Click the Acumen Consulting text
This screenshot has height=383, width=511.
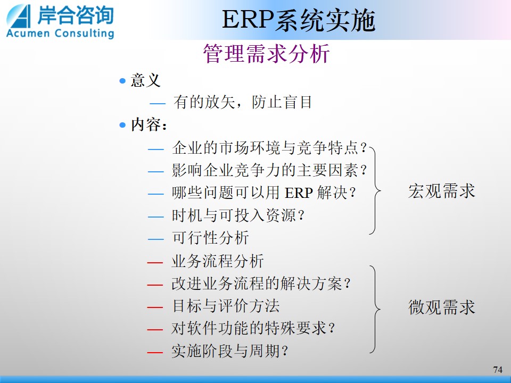(x=60, y=33)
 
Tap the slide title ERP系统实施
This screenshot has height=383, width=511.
(x=299, y=20)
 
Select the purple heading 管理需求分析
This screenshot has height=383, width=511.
(x=267, y=53)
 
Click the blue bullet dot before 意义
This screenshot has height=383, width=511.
(x=122, y=80)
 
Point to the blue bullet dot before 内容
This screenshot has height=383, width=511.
(x=122, y=125)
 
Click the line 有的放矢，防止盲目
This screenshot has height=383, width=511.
(x=243, y=102)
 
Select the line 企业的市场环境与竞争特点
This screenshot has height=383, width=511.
(x=270, y=148)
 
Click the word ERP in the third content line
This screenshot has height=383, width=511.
(x=299, y=193)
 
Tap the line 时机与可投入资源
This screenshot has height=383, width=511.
(x=238, y=215)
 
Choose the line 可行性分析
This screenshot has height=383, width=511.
(x=211, y=238)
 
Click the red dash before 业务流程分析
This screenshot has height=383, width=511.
(x=155, y=262)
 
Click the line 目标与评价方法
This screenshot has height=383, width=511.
(x=226, y=306)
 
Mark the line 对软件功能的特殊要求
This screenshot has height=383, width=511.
(x=253, y=328)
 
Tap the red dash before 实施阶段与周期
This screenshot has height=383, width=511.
(x=155, y=352)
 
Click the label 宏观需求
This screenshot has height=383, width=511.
(x=442, y=191)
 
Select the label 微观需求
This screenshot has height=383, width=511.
(x=442, y=307)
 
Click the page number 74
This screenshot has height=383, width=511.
(x=498, y=370)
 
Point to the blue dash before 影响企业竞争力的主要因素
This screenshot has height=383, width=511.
(x=156, y=171)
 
